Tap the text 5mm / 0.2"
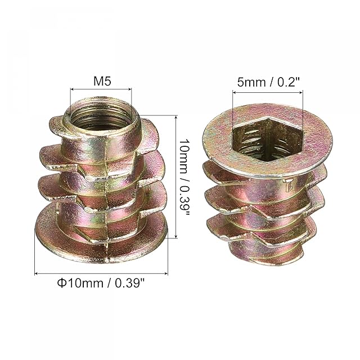pyautogui.click(x=269, y=82)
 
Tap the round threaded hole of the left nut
pyautogui.click(x=101, y=116)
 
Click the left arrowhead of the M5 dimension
pyautogui.click(x=72, y=89)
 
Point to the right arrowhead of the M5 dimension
pyautogui.click(x=130, y=89)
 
